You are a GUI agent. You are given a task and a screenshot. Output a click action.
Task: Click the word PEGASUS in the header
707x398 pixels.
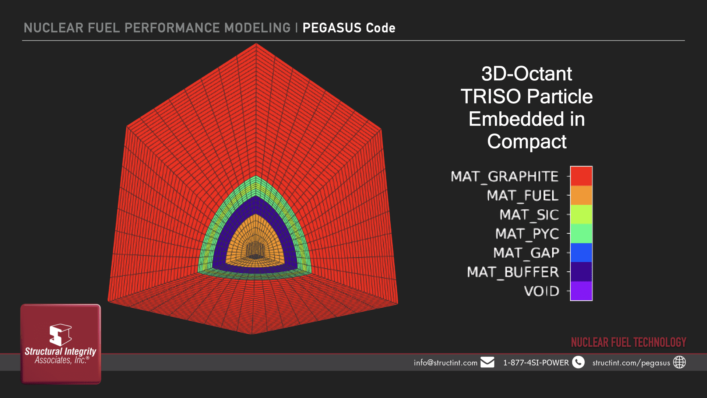pos(332,28)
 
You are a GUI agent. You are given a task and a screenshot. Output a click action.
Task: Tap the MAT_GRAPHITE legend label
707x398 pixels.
pos(504,177)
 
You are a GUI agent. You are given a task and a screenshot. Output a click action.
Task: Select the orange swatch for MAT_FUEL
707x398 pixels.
pos(581,195)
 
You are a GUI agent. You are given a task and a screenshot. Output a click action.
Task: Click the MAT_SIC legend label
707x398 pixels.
pos(529,215)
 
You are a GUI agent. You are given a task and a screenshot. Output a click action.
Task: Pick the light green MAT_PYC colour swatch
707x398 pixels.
pos(581,234)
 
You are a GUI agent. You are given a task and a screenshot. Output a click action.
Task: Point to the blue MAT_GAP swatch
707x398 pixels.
pos(581,253)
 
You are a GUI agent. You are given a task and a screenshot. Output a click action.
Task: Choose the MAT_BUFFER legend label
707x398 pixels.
pos(513,272)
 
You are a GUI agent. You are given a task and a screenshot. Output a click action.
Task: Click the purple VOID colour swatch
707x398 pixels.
pos(581,291)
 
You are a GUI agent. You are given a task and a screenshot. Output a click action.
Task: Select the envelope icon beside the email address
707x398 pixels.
pos(487,362)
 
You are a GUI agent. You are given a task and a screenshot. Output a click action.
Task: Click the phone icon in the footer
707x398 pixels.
pos(578,362)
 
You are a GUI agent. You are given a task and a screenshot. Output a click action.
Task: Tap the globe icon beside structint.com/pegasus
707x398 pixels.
pos(679,362)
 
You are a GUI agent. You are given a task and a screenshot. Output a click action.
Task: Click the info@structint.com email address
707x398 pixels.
pos(446,363)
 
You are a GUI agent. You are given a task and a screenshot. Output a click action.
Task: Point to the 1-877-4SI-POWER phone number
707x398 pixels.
pos(536,363)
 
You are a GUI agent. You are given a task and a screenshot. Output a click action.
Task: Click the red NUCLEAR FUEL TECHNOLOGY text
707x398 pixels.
pos(629,342)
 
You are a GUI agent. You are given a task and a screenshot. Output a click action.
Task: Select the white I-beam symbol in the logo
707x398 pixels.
pos(60,335)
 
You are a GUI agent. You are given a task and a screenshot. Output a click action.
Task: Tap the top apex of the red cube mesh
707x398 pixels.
pos(256,44)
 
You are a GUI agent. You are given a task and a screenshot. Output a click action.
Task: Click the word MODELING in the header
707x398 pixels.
pos(257,28)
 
